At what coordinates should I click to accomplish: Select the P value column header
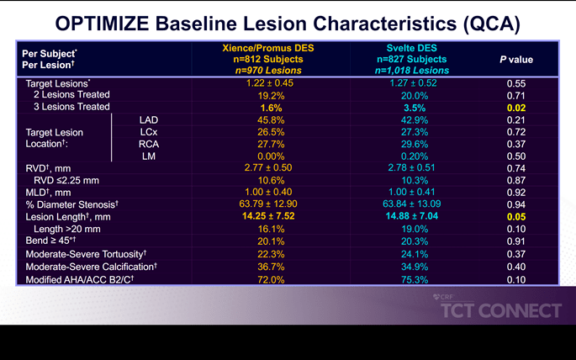(515, 60)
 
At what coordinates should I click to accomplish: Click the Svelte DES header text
(413, 49)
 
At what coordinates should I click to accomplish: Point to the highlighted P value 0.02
(515, 108)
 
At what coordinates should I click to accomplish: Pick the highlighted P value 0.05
(515, 216)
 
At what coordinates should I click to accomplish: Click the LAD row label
(148, 120)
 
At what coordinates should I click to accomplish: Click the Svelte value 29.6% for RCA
(413, 145)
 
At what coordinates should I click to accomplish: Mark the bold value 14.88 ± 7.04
(413, 216)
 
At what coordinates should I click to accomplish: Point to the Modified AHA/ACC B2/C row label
(83, 278)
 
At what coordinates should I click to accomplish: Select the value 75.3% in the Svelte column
(413, 278)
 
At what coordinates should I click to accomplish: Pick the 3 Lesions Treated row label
(71, 108)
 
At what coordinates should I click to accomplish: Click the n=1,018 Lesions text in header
(413, 71)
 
